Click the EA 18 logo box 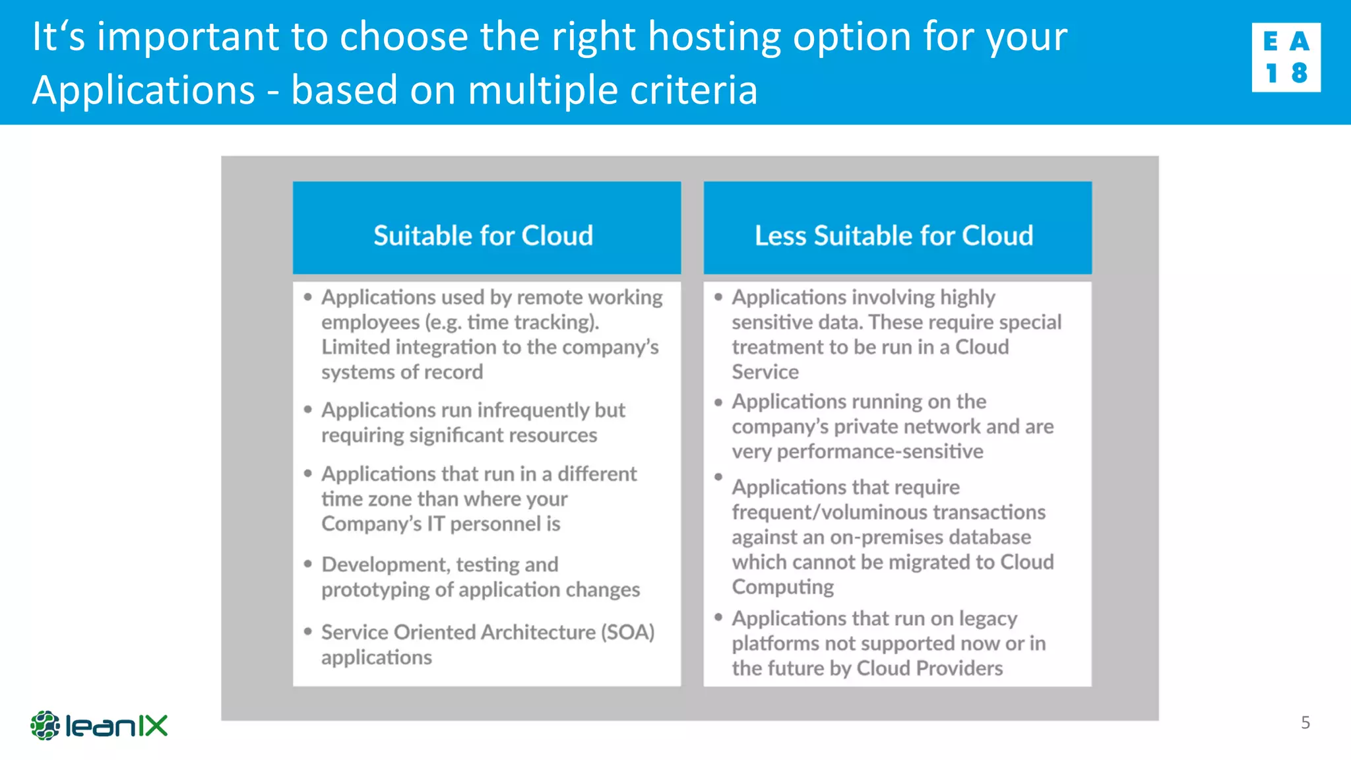coord(1286,57)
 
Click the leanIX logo coord(99,726)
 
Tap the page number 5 coord(1305,722)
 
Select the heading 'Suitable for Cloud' coord(484,236)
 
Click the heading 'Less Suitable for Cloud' coord(894,236)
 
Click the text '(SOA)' coord(627,632)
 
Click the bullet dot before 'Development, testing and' coord(307,564)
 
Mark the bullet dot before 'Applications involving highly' coord(718,297)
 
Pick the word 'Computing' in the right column coord(782,586)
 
